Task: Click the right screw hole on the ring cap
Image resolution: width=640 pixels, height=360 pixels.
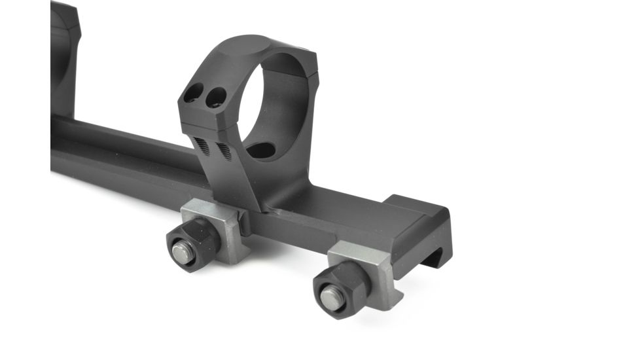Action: point(213,99)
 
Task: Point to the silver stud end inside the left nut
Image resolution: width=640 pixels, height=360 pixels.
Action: point(183,252)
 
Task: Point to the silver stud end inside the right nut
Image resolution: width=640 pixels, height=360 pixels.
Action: point(330,298)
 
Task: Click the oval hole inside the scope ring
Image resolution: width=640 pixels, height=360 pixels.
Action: point(262,150)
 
